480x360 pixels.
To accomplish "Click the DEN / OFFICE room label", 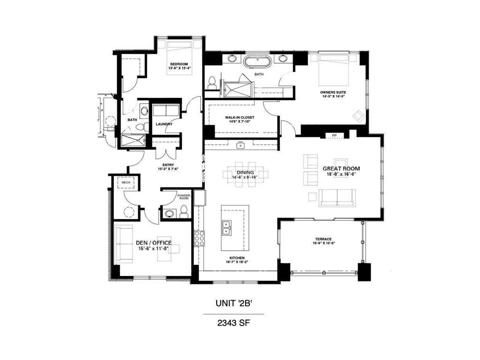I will click(x=153, y=242).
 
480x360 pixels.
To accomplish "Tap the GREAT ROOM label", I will click(x=341, y=168).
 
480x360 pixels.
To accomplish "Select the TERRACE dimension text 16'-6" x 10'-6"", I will click(x=324, y=243).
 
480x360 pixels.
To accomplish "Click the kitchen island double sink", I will click(x=226, y=227).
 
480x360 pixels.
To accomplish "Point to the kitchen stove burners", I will click(x=199, y=238).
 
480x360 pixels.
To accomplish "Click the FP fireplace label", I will click(x=334, y=136).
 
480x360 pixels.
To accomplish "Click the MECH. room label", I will click(x=126, y=182).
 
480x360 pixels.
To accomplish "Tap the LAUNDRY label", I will click(x=164, y=124).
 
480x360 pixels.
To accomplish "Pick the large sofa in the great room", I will click(x=337, y=198).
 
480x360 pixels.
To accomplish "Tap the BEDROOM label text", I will click(x=179, y=64).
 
